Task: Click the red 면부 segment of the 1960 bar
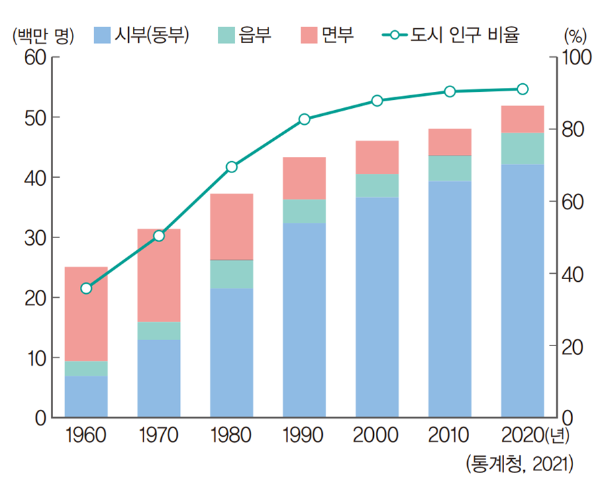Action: coord(86,313)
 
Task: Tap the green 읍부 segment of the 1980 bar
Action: coord(232,274)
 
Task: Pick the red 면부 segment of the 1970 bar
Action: coord(159,275)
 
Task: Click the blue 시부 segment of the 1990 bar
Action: coord(304,319)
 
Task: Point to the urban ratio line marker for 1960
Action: coord(86,288)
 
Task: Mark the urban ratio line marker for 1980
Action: coord(232,166)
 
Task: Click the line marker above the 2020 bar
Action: coord(522,89)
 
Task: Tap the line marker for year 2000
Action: coord(377,101)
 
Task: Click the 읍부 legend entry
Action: coord(244,34)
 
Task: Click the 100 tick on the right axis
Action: coord(575,58)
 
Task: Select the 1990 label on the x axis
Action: coord(304,436)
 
